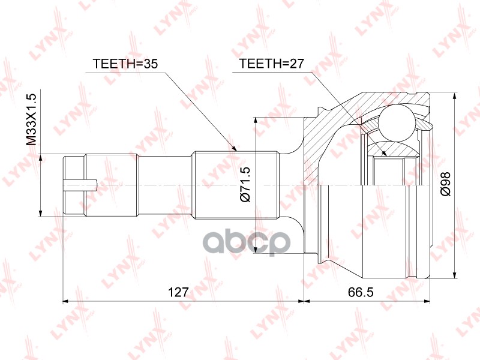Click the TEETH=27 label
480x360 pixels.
click(x=270, y=64)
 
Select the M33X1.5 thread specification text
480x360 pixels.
click(x=32, y=118)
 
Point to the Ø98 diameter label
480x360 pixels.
click(x=445, y=185)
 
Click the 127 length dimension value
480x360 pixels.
click(x=178, y=292)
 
